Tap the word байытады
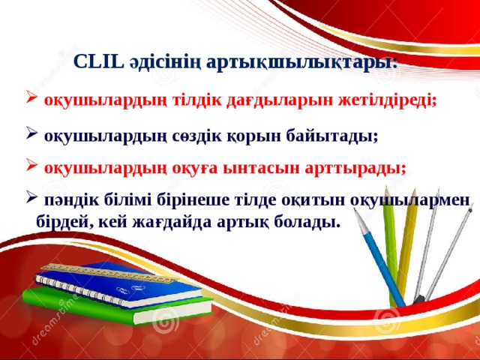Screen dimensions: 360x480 pos(336,136)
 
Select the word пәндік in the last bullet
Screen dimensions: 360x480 pos(68,202)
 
